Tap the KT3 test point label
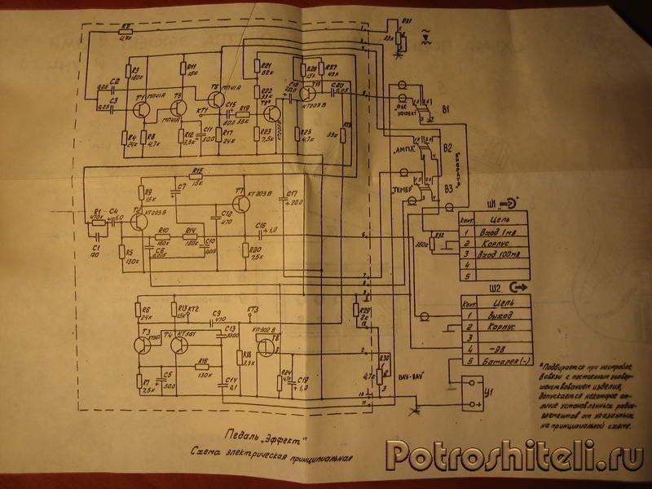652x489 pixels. coord(252,311)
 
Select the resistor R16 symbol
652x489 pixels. coord(203,365)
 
